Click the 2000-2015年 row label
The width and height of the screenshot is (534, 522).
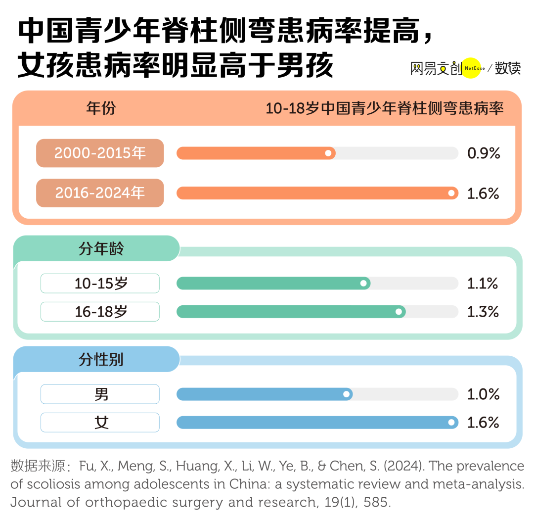[100, 153]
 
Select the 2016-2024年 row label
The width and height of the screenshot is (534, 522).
[100, 193]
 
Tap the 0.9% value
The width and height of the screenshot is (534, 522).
[484, 153]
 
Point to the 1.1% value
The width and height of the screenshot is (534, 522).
[482, 284]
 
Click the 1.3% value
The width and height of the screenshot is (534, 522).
[483, 312]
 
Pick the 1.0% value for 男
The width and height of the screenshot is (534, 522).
[483, 394]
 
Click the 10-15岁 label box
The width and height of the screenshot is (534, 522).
[100, 284]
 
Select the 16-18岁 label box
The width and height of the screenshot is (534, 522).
[100, 312]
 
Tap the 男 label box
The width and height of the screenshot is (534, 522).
[100, 394]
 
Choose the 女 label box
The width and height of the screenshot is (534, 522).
[100, 423]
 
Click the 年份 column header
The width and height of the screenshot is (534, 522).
[101, 108]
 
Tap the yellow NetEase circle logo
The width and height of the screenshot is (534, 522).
[471, 68]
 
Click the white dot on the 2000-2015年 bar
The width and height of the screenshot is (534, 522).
[328, 153]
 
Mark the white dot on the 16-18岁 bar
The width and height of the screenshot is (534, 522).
[399, 312]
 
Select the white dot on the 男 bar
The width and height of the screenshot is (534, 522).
[346, 394]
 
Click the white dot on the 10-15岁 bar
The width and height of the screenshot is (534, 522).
[363, 284]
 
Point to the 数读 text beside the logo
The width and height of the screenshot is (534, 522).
[508, 68]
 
